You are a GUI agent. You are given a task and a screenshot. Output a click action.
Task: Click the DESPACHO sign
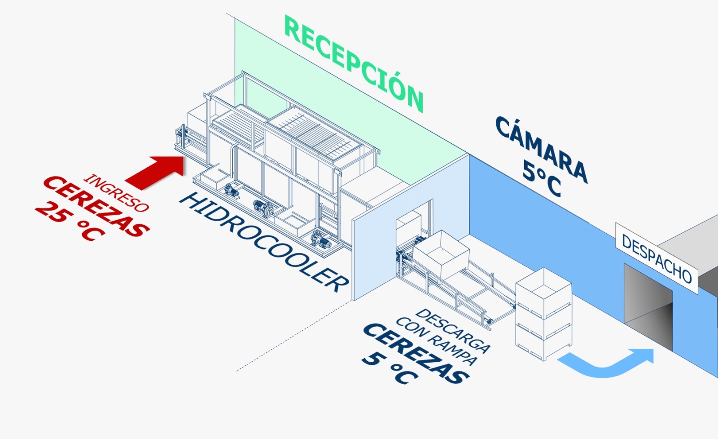657,258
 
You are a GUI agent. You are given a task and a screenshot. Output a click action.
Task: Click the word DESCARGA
453,331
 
